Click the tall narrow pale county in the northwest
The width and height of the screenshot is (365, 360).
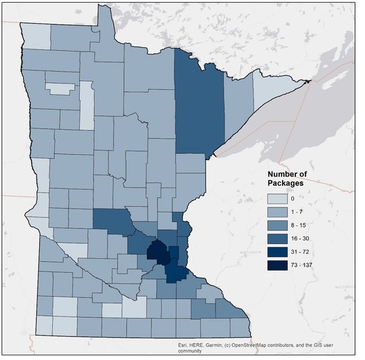(x=87, y=105)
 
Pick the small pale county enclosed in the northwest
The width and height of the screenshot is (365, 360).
(x=59, y=88)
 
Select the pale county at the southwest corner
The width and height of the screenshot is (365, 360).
(x=45, y=325)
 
